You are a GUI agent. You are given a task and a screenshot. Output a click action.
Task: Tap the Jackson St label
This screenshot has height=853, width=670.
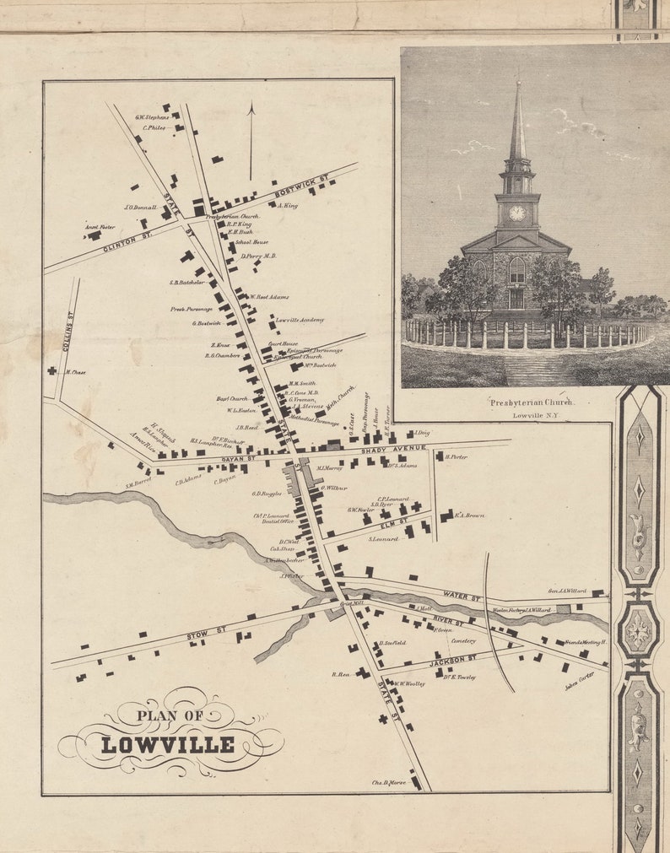pyautogui.click(x=453, y=661)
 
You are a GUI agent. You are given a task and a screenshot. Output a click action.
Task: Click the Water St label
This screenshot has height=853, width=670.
pyautogui.click(x=462, y=597)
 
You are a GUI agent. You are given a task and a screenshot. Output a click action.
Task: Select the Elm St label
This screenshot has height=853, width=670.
pyautogui.click(x=387, y=523)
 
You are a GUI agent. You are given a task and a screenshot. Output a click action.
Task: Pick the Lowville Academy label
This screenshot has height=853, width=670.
pyautogui.click(x=300, y=320)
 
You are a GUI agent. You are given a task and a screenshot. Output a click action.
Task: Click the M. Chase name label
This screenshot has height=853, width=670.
pyautogui.click(x=75, y=372)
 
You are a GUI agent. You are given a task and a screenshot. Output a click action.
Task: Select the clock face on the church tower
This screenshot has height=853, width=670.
pyautogui.click(x=516, y=213)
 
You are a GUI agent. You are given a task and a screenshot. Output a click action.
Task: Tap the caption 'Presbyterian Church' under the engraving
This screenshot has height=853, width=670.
pyautogui.click(x=532, y=402)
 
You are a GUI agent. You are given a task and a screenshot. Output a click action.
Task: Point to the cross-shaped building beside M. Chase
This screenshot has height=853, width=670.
pyautogui.click(x=51, y=370)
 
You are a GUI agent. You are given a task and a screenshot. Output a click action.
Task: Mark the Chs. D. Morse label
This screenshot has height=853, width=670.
pyautogui.click(x=388, y=783)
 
